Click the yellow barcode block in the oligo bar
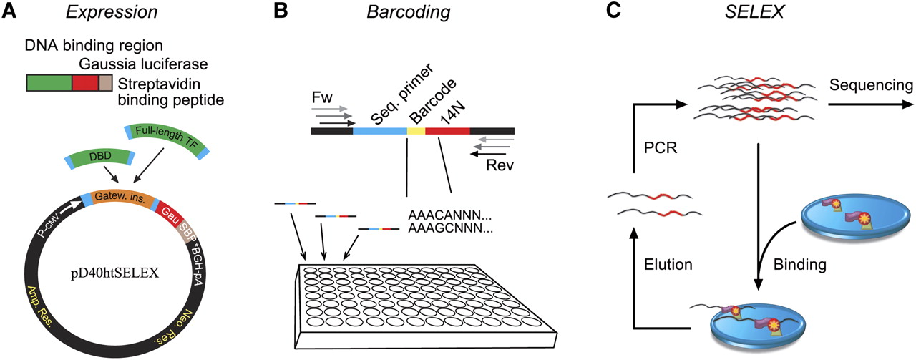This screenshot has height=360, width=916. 416,131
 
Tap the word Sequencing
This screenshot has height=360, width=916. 869,86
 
